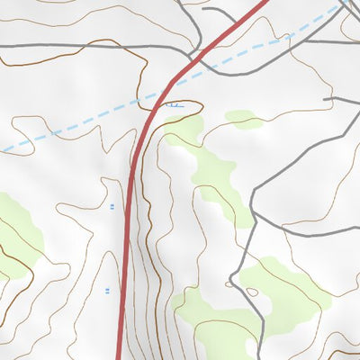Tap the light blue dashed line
pyautogui.click(x=72, y=127)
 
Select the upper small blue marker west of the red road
pyautogui.click(x=112, y=207)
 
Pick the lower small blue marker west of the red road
pyautogui.click(x=108, y=290)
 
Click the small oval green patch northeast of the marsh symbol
pyautogui.click(x=243, y=118)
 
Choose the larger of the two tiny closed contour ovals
pyautogui.click(x=252, y=292)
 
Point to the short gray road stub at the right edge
pyautogui.click(x=346, y=100)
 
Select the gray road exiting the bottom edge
pyautogui.click(x=262, y=351)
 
